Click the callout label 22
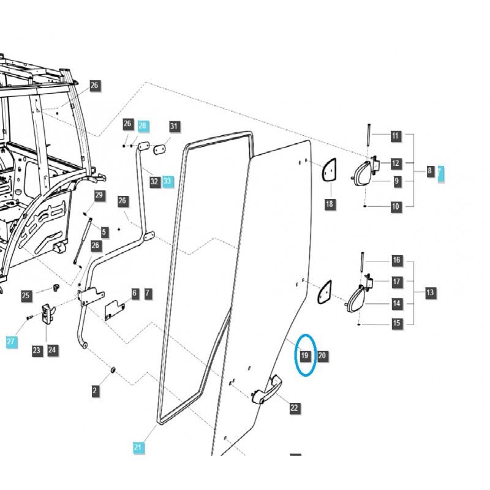tap(295, 408)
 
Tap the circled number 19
tap(305, 355)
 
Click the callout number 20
tap(323, 355)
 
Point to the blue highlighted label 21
tap(137, 447)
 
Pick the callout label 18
tap(330, 203)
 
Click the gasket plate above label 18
tap(329, 170)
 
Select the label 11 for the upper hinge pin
tap(395, 135)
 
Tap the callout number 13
tap(430, 293)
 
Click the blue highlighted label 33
tap(168, 182)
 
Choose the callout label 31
tap(175, 127)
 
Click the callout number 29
tap(99, 195)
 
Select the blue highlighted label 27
tap(12, 341)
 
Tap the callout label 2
tap(95, 390)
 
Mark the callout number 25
tap(26, 296)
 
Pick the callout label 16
tap(396, 260)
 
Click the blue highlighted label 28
tap(143, 125)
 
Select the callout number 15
tap(396, 323)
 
